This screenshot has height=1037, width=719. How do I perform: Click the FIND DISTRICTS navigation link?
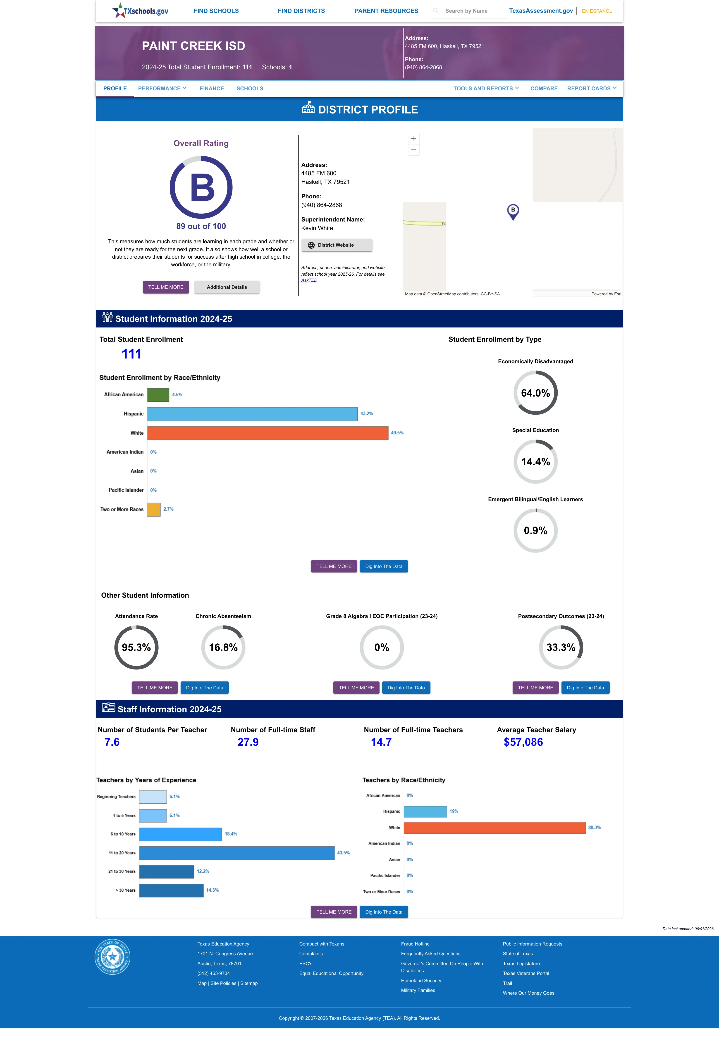point(301,11)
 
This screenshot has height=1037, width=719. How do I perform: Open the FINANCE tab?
point(212,88)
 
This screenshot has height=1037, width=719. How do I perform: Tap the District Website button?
point(337,245)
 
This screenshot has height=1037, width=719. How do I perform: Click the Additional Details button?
point(227,287)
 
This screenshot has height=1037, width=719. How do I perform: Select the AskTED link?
point(309,280)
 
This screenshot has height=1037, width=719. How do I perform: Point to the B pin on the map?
point(513,211)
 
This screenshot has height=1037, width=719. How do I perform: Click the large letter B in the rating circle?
point(202,188)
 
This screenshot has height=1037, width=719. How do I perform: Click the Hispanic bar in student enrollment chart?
point(252,414)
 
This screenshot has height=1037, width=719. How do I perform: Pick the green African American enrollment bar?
point(158,395)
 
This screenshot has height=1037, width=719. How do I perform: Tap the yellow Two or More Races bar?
point(154,509)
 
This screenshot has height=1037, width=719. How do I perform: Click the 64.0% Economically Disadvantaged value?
point(535,393)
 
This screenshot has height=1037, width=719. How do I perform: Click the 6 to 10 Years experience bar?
point(181,834)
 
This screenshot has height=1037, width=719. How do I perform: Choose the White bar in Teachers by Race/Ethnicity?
point(495,828)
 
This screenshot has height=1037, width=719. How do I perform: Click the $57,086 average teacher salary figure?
point(523,742)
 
